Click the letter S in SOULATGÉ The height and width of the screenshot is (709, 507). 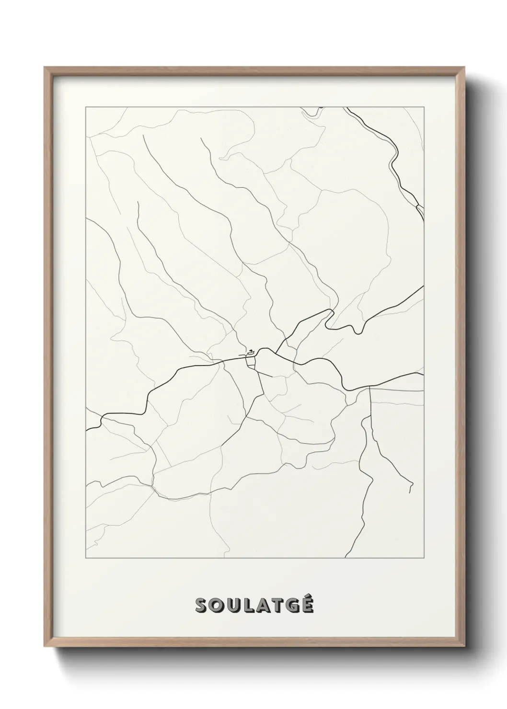pos(201,605)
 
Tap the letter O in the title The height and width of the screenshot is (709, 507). pos(217,605)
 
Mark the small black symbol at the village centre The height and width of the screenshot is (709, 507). pos(250,353)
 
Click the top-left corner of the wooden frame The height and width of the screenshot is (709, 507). pos(45,68)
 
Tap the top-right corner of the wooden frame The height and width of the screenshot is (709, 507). pos(464,68)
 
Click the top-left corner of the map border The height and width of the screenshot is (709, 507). pos(85,107)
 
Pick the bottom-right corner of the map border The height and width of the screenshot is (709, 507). pos(424,558)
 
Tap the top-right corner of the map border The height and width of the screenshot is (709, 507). pos(424,107)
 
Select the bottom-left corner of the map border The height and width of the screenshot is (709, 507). pos(85,558)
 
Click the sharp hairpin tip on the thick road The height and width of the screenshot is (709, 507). pos(332,310)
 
